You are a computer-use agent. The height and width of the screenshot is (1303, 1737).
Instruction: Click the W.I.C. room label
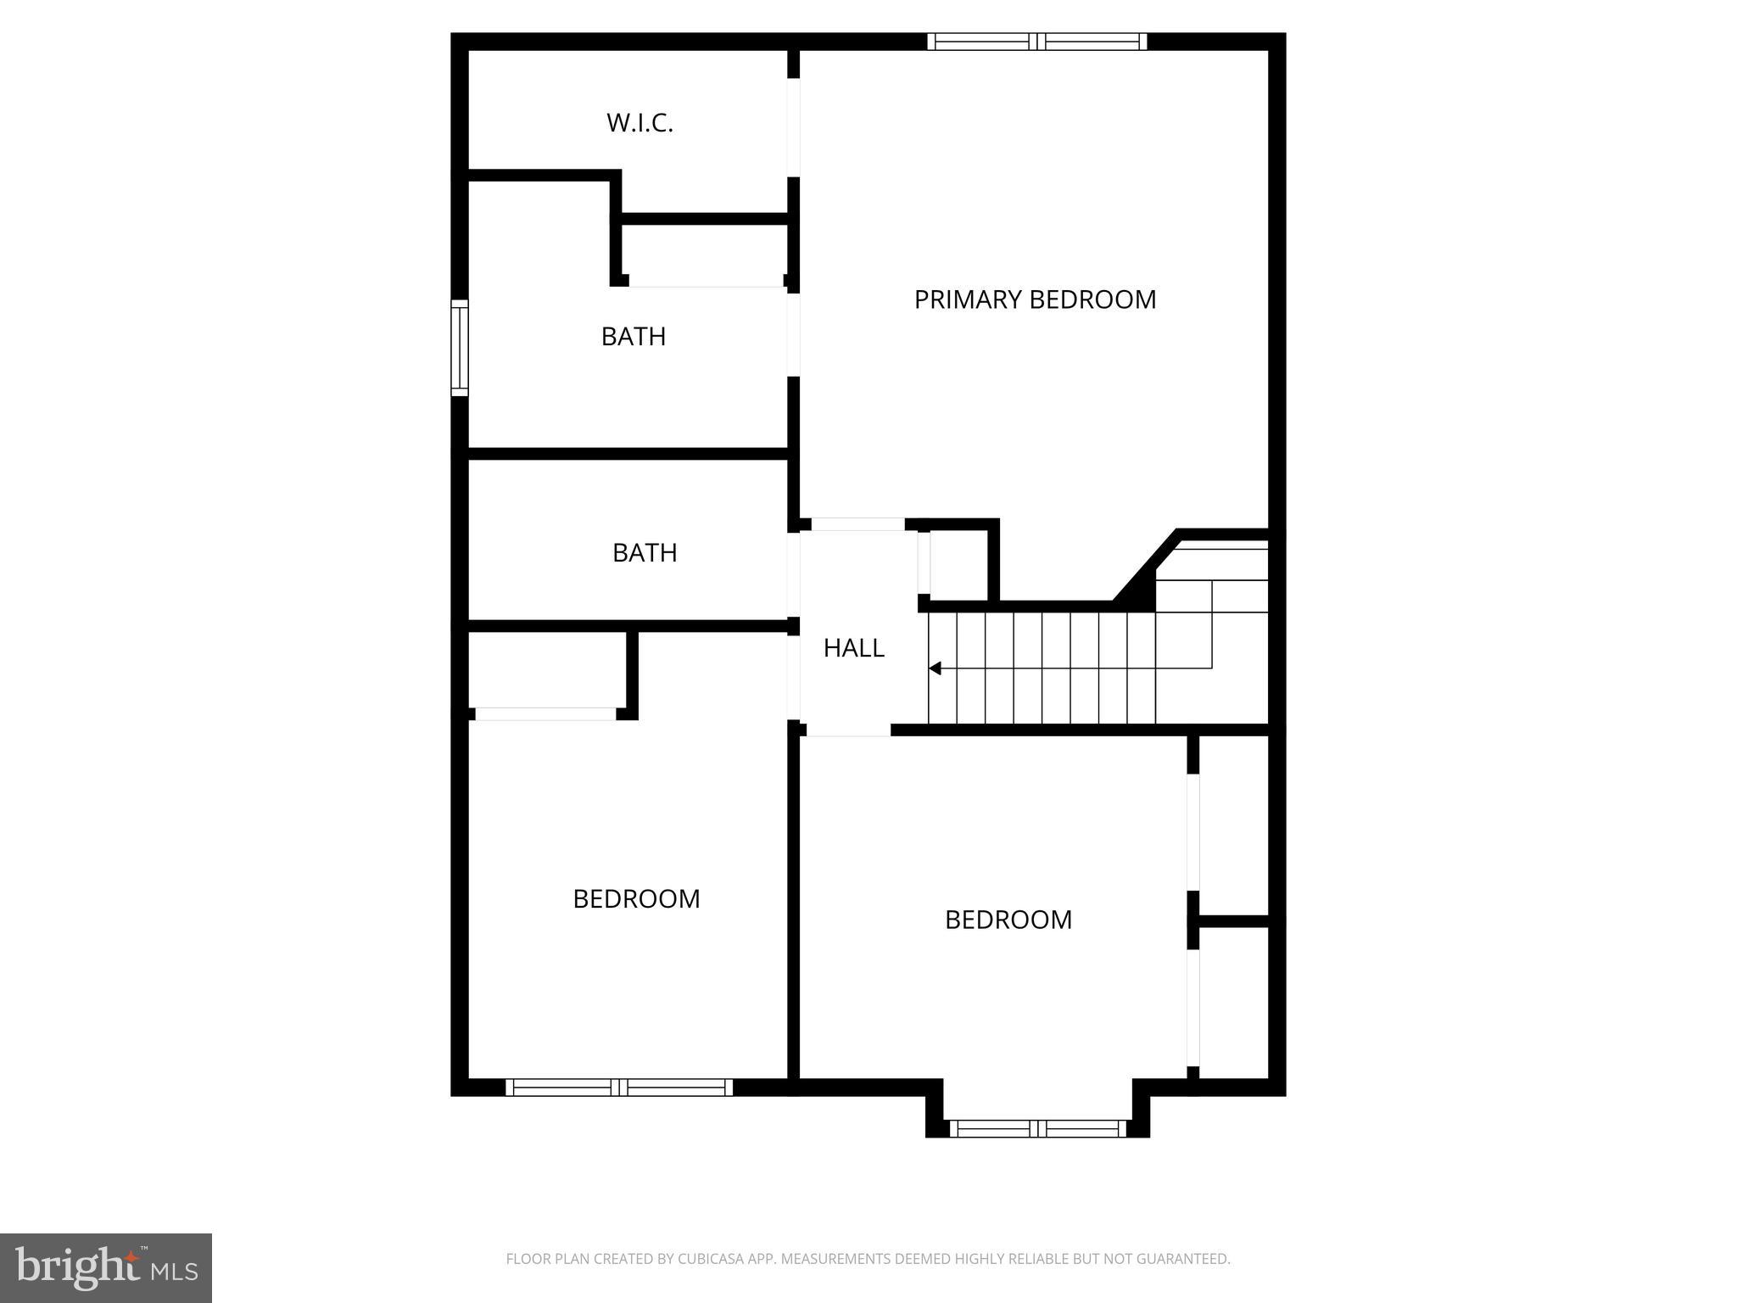point(640,123)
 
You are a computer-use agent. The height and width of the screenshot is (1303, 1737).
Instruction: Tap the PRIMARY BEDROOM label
point(1035,299)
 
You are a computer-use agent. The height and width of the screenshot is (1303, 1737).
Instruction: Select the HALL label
point(853,648)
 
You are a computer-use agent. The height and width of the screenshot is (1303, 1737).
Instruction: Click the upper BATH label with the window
point(633,337)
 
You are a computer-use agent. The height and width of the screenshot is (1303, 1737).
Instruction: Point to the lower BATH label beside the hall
point(645,553)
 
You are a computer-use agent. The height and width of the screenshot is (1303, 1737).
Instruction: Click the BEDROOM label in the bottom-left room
point(636,899)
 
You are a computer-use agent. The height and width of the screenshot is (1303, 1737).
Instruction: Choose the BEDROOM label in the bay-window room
point(1008,920)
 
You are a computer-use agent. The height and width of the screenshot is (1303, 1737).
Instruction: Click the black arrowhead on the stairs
point(935,668)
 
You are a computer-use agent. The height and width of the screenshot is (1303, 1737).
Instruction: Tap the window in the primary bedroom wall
point(1036,42)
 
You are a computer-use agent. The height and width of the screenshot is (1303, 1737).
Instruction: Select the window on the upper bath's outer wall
point(459,348)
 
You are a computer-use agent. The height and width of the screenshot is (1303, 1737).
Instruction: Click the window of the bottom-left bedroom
point(619,1088)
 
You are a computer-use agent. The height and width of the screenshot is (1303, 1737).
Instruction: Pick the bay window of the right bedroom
point(1037,1128)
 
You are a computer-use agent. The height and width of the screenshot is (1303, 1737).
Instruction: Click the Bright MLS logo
point(106,1267)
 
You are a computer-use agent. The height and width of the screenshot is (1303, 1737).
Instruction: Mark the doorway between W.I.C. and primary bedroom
point(794,128)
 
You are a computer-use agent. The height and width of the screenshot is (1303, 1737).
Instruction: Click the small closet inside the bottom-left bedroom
point(547,670)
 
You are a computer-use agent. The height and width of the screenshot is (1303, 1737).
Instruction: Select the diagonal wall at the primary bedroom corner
point(1145,567)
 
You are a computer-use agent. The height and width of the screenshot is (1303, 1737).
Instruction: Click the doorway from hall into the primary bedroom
point(857,524)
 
